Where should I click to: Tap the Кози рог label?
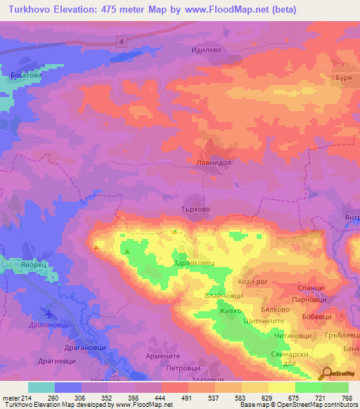[251, 281]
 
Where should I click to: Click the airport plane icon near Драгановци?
[49, 312]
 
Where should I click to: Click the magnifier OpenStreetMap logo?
[328, 373]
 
